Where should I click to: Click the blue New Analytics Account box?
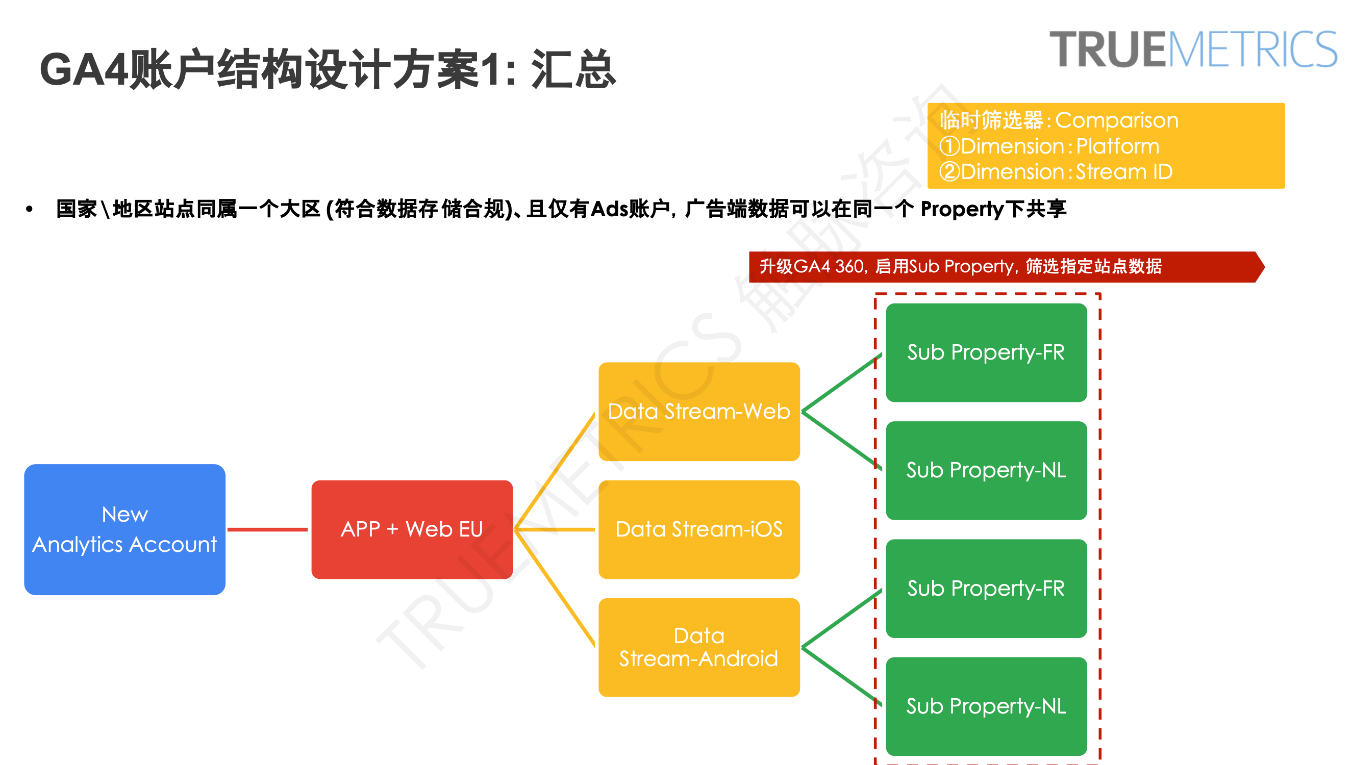(124, 529)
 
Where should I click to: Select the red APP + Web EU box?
(411, 529)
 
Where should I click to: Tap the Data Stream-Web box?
(699, 412)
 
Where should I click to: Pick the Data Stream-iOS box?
(699, 529)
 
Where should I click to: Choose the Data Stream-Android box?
(699, 647)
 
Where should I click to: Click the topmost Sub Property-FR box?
(986, 352)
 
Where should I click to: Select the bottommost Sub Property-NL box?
(986, 706)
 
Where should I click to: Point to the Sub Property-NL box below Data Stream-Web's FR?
(986, 470)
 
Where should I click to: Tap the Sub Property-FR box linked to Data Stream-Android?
(986, 589)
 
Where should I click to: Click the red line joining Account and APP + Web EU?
(267, 529)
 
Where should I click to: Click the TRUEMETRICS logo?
(1193, 49)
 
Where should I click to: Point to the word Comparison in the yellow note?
(1117, 120)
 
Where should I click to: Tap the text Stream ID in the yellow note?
(1124, 172)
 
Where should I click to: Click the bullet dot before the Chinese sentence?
(30, 210)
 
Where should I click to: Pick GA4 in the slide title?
(84, 69)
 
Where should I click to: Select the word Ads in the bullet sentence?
(610, 209)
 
